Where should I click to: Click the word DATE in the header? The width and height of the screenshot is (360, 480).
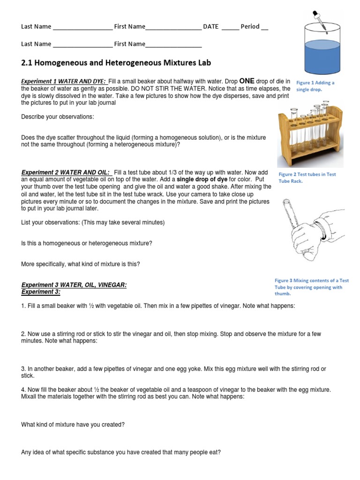pos(210,27)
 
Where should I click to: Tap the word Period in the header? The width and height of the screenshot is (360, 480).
pos(250,27)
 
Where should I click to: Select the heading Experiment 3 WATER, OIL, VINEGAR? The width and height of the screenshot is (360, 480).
pos(74,285)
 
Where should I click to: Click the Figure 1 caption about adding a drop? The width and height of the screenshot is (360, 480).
pos(315,86)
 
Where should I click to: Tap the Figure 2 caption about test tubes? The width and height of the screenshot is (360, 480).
pos(307,178)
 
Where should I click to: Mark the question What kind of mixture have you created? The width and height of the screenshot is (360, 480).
pos(73,425)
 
